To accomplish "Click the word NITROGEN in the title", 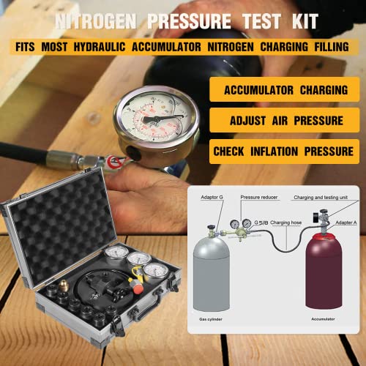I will pyautogui.click(x=103, y=21).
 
